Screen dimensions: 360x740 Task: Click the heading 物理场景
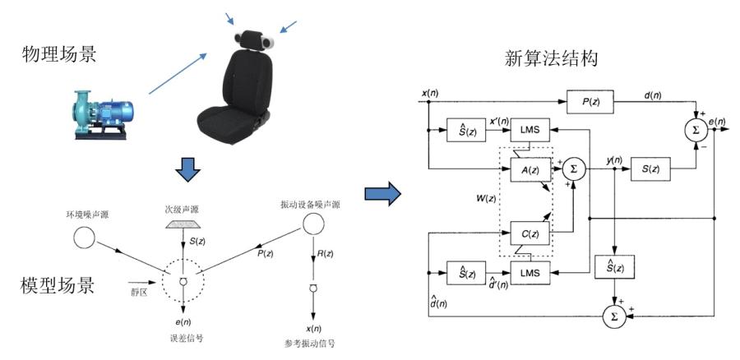(60, 56)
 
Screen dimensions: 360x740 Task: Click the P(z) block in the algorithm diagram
(590, 101)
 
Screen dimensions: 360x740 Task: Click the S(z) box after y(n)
(650, 169)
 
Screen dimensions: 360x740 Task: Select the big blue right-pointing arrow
(382, 194)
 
